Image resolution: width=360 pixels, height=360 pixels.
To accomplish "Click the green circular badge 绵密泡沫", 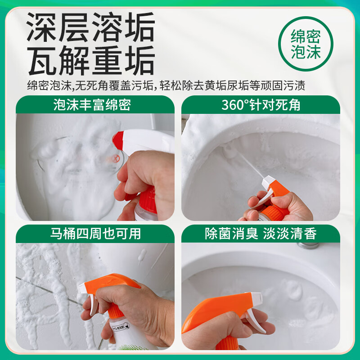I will [306, 44].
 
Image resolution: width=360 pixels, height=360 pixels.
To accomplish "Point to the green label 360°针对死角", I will [261, 105].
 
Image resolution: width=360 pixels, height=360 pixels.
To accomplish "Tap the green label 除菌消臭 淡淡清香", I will [261, 234].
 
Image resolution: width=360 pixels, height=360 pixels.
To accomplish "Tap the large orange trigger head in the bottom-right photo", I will [220, 310].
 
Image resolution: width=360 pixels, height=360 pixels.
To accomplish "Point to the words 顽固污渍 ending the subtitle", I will [293, 85].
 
